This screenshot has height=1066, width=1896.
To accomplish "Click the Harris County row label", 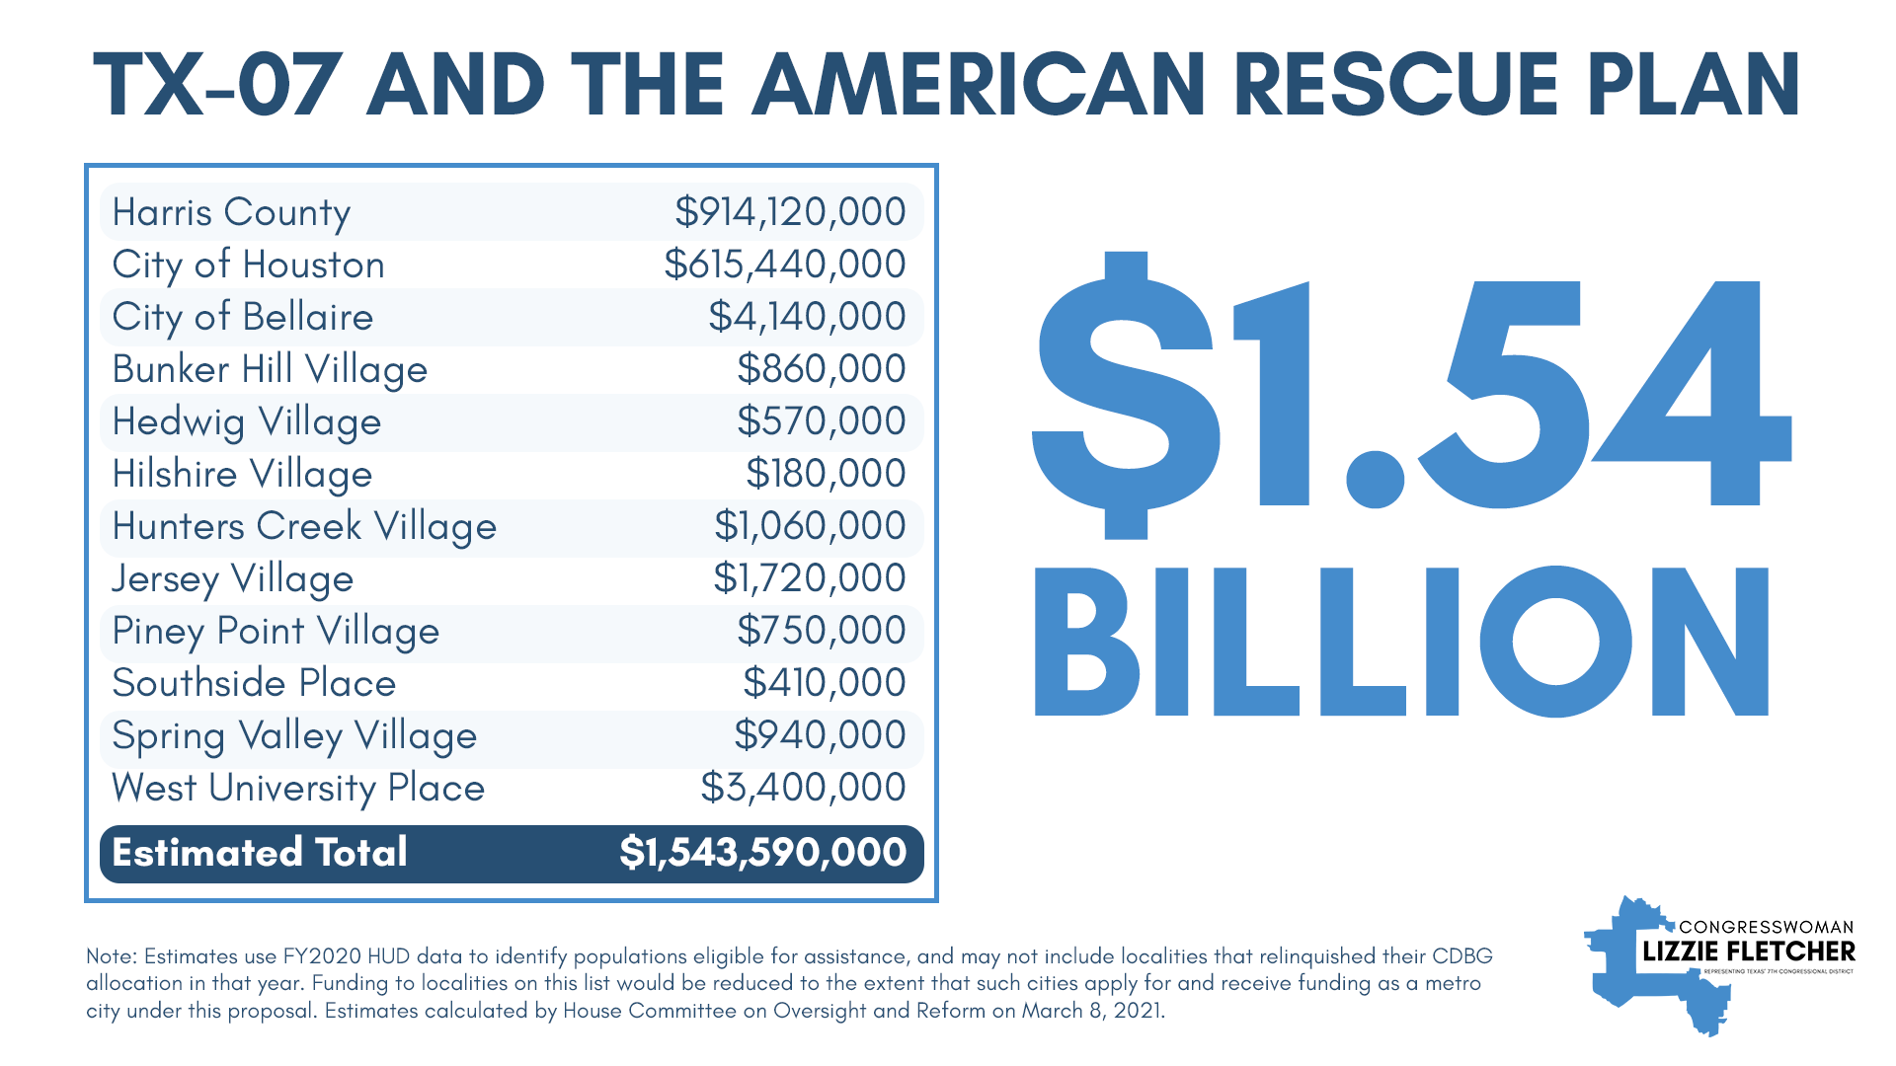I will pyautogui.click(x=231, y=212).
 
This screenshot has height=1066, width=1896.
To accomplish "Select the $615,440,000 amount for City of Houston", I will pyautogui.click(x=784, y=265).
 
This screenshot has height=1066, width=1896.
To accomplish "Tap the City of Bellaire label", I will pyautogui.click(x=242, y=317).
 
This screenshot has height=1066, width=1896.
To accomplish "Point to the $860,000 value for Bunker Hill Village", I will pyautogui.click(x=821, y=369).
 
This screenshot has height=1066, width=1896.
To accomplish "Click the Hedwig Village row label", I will pyautogui.click(x=246, y=422).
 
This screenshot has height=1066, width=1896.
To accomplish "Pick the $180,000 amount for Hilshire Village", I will pyautogui.click(x=825, y=474).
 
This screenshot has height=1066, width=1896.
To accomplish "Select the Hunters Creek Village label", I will pyautogui.click(x=304, y=527).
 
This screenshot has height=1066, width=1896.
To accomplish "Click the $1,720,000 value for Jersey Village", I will pyautogui.click(x=809, y=578).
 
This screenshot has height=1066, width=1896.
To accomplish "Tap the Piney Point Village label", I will pyautogui.click(x=276, y=632).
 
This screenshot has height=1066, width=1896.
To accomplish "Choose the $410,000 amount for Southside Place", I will pyautogui.click(x=824, y=683).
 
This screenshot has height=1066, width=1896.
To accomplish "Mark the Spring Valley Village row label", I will pyautogui.click(x=294, y=736).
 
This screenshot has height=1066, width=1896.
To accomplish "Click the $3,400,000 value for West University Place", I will pyautogui.click(x=803, y=788).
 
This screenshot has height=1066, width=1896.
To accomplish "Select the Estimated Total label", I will pyautogui.click(x=260, y=853).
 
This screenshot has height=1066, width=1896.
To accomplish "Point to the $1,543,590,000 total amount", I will pyautogui.click(x=762, y=853).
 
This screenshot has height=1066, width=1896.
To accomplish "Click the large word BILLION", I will pyautogui.click(x=1401, y=642).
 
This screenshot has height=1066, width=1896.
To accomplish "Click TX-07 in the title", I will pyautogui.click(x=218, y=85).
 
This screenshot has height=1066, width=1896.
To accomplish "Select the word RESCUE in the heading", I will pyautogui.click(x=1395, y=85).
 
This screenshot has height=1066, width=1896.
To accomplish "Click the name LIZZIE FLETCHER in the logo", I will pyautogui.click(x=1748, y=952).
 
